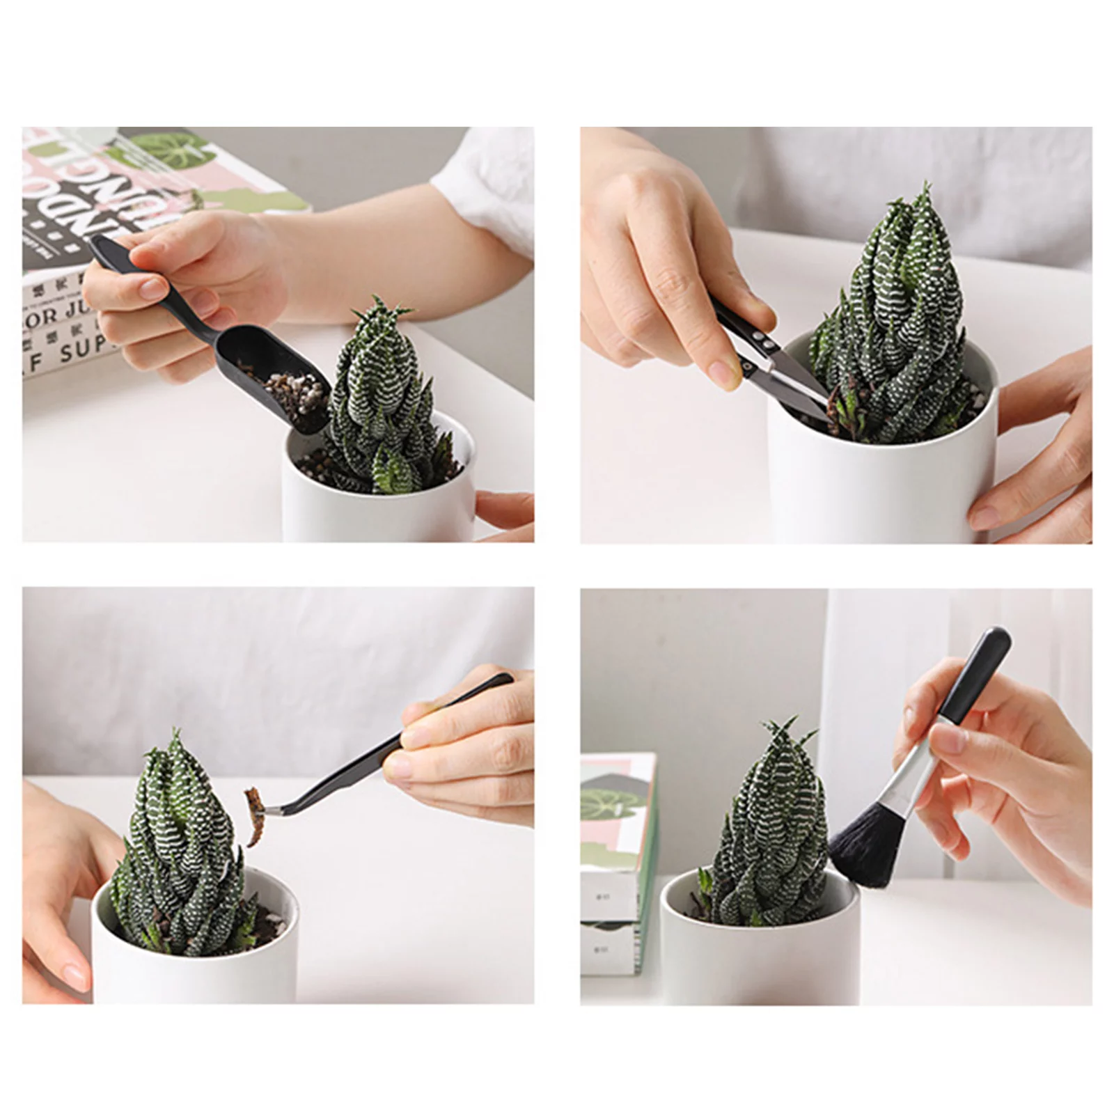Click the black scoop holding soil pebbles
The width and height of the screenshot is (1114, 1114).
pos(278,383)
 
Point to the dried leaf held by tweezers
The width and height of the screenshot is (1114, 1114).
pos(253,815)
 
